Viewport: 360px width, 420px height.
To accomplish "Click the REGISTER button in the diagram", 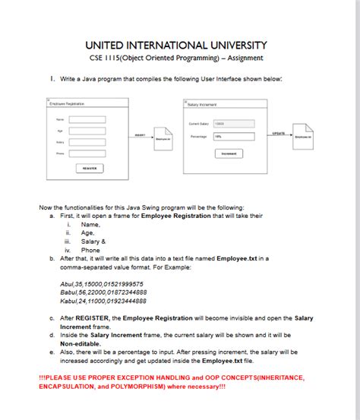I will click(x=88, y=168).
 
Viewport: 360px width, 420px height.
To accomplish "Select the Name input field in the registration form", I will click(x=87, y=119).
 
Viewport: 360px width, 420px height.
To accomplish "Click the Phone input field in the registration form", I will click(x=87, y=153).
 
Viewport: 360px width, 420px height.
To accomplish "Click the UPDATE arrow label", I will click(x=278, y=132).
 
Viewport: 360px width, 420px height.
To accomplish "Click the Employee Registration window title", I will click(x=67, y=103).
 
